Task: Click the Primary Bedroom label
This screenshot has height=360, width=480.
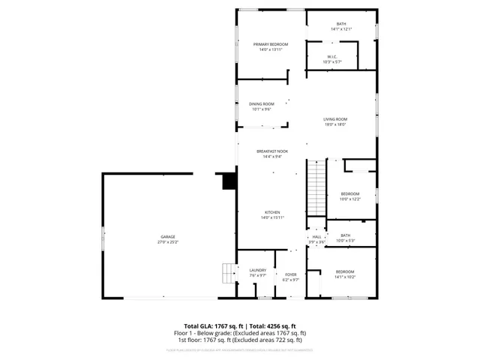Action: coord(270,44)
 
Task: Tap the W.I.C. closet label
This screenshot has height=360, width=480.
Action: coord(331,56)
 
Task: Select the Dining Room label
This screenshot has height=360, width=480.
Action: coord(262,103)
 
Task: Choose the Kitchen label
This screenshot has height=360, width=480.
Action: coord(271,212)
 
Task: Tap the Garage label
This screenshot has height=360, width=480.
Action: coord(167,237)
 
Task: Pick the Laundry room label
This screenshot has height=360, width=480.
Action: coord(258,271)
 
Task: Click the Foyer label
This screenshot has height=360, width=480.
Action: coord(291,274)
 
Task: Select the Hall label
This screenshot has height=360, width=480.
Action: coord(316,237)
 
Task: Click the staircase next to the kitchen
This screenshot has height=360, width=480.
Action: coord(317,187)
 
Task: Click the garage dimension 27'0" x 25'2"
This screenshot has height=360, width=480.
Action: coord(167,243)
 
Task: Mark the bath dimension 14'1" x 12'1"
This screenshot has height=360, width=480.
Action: coord(341,29)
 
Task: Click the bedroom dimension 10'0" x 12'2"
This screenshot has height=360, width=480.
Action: coord(350,199)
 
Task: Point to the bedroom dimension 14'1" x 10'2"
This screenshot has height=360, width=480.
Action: coord(345,277)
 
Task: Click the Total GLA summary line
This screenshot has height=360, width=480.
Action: coord(239,326)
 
